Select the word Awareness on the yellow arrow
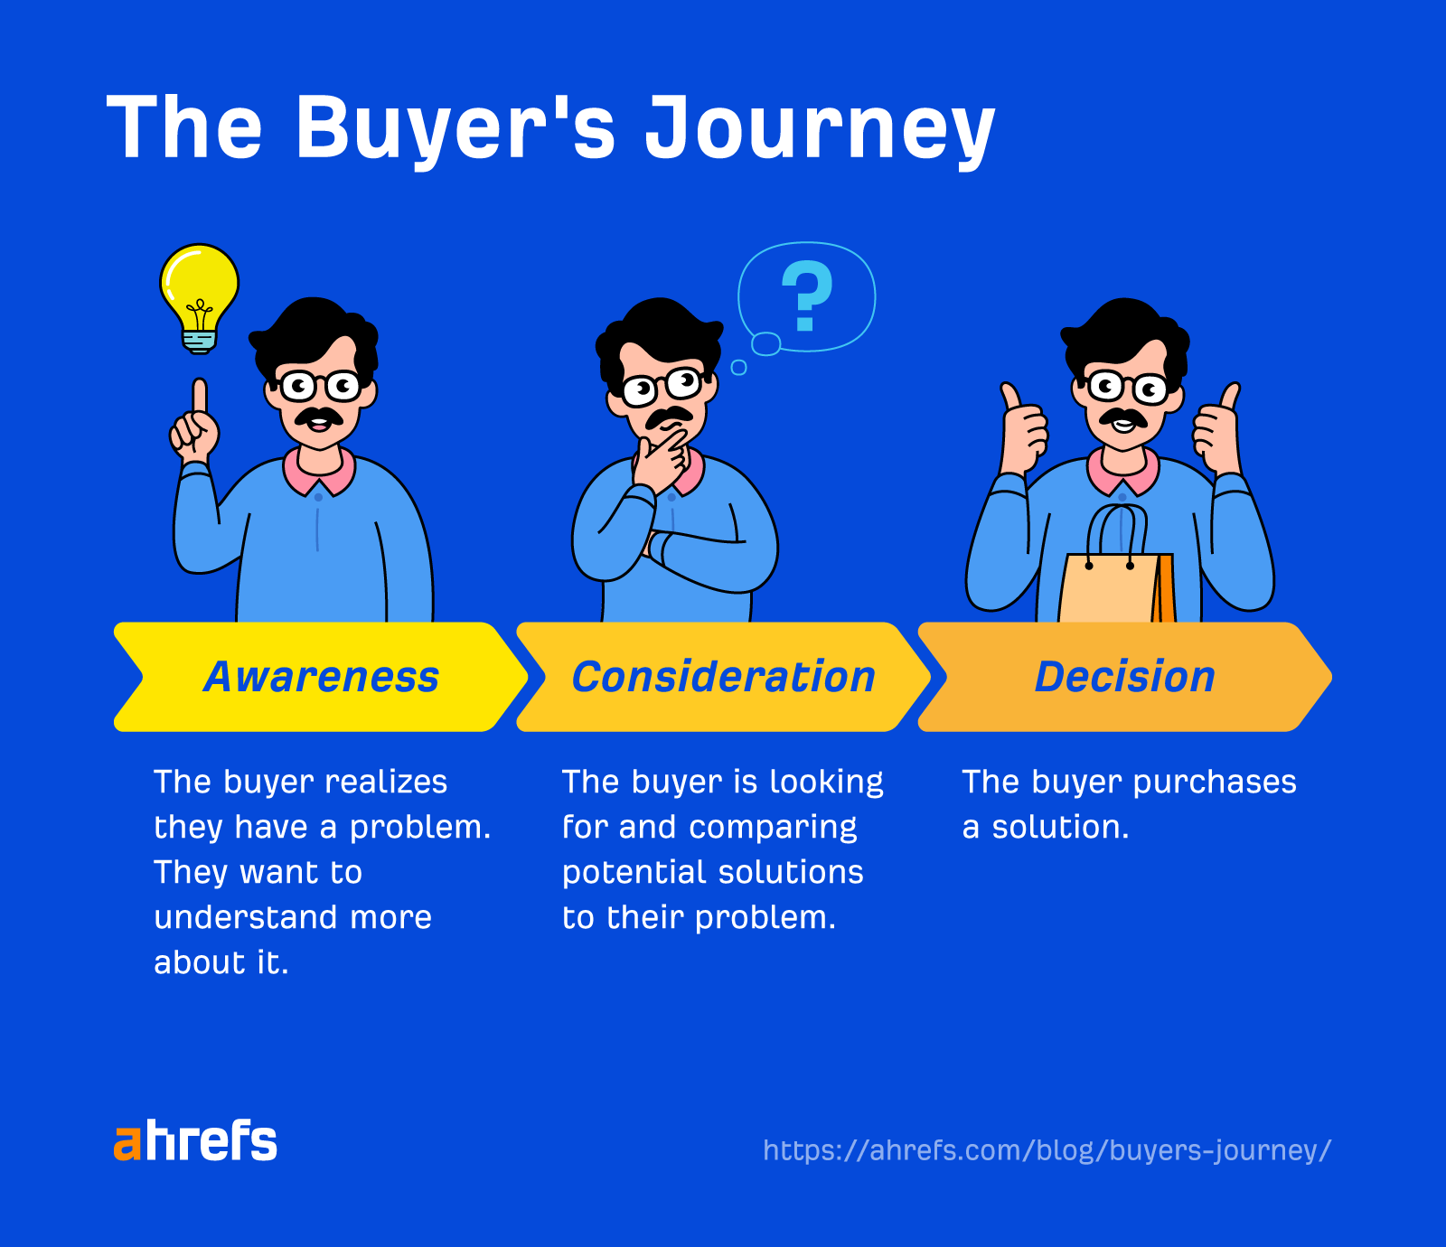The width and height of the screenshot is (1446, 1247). (x=321, y=677)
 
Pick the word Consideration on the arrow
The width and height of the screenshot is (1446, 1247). (x=723, y=677)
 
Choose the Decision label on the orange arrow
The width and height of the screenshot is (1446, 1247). (x=1124, y=677)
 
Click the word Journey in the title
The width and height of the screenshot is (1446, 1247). (x=819, y=128)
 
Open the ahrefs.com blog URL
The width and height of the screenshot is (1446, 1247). (x=1047, y=1150)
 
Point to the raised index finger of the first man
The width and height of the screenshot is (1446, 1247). (x=199, y=398)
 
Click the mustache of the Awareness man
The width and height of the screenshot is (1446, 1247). (x=319, y=417)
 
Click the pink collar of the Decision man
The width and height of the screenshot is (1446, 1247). (x=1122, y=473)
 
